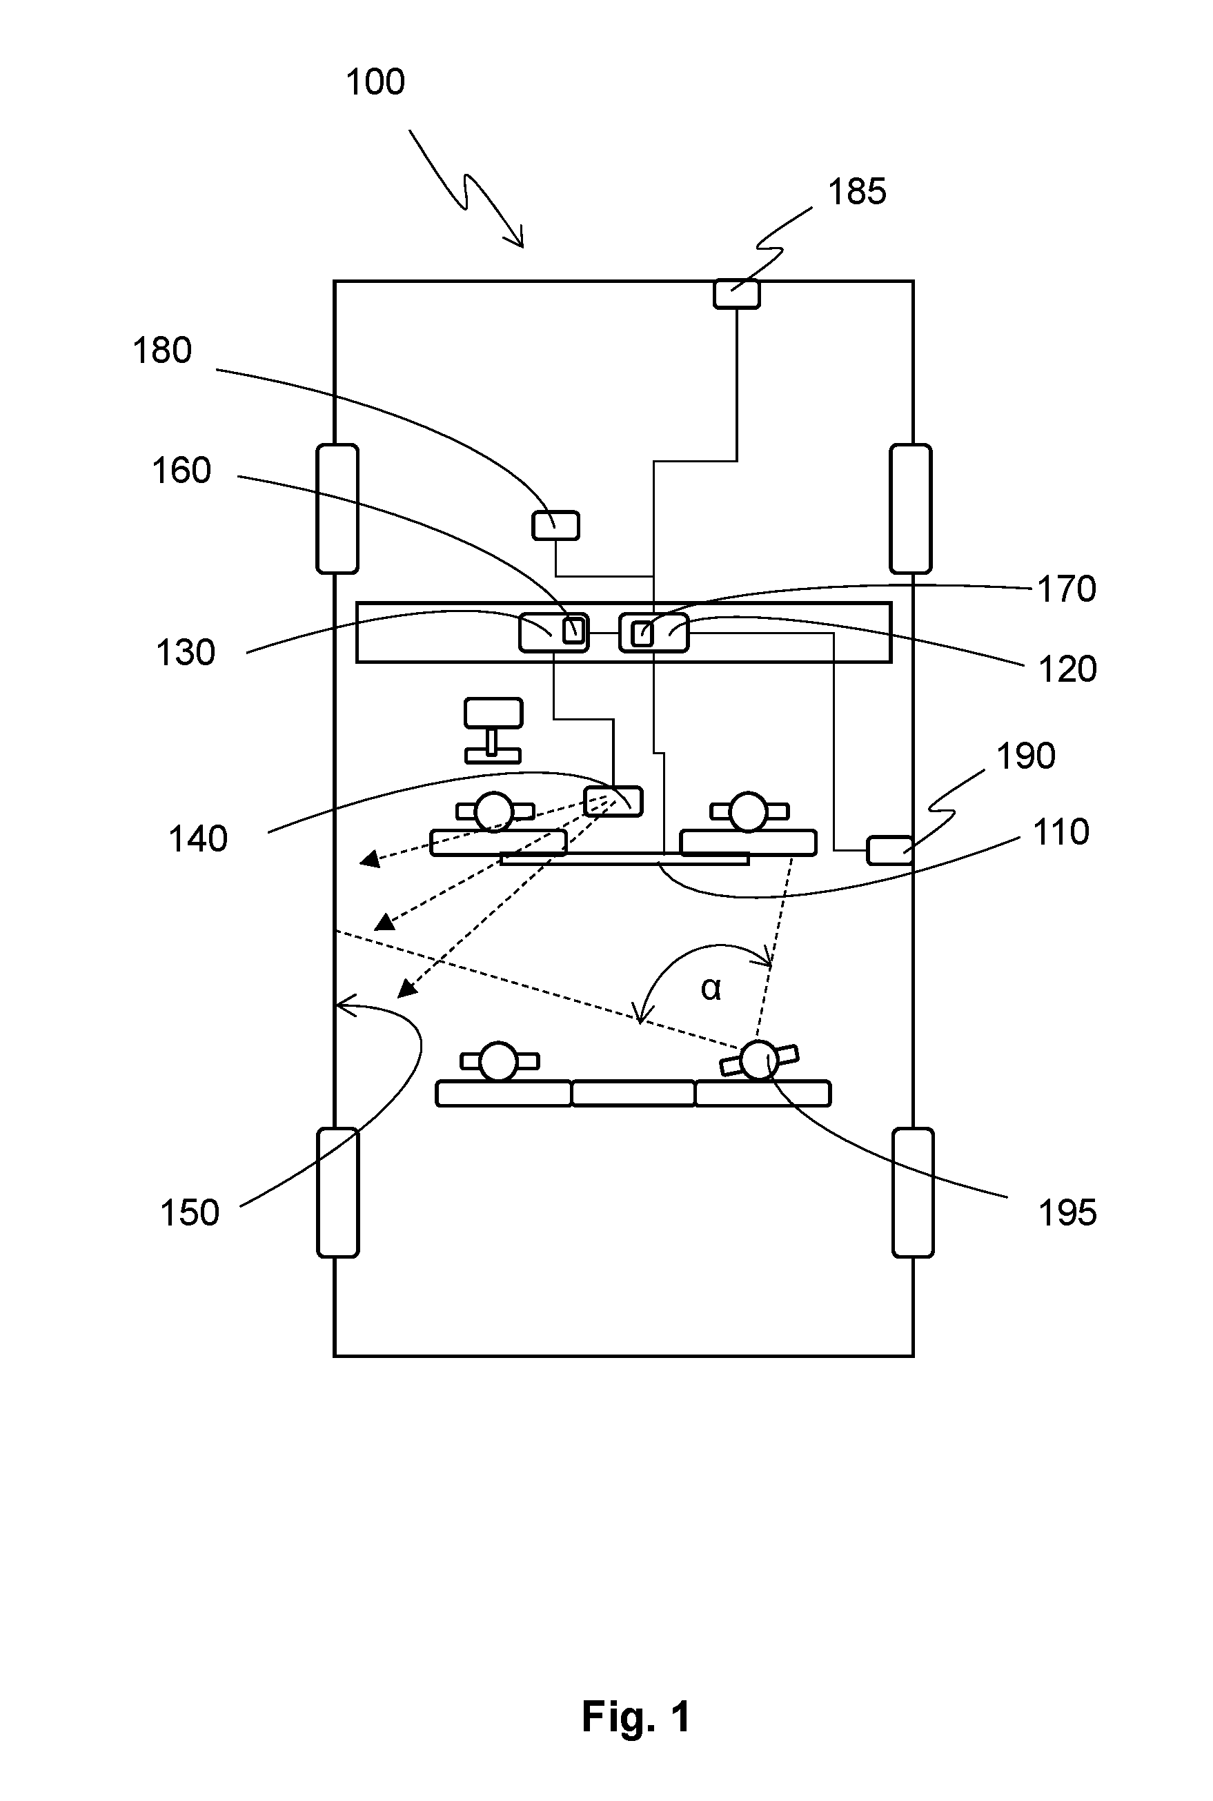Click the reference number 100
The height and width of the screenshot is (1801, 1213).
click(375, 82)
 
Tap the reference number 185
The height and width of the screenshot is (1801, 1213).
click(857, 192)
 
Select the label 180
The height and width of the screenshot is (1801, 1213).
click(162, 351)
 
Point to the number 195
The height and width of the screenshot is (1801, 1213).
click(1067, 1213)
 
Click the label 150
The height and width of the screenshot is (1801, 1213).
click(190, 1213)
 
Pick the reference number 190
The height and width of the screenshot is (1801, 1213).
click(1026, 756)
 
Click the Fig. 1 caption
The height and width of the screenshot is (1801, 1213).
click(636, 1717)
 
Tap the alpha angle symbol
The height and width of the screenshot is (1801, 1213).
click(711, 988)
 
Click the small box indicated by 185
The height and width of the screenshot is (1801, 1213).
click(736, 294)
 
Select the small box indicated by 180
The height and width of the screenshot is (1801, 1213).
click(555, 525)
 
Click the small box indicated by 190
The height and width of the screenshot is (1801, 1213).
click(889, 850)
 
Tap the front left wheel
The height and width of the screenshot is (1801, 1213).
click(337, 509)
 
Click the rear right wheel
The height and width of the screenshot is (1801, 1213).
click(913, 1192)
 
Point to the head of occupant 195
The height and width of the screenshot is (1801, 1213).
click(759, 1060)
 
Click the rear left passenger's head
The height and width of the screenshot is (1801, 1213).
click(498, 1061)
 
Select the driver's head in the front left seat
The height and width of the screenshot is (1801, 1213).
click(493, 811)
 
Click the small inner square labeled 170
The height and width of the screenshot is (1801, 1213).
click(642, 633)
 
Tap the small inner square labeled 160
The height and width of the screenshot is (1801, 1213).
click(572, 631)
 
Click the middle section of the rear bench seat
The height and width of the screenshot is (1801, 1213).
click(633, 1093)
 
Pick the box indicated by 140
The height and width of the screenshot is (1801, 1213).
click(613, 801)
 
